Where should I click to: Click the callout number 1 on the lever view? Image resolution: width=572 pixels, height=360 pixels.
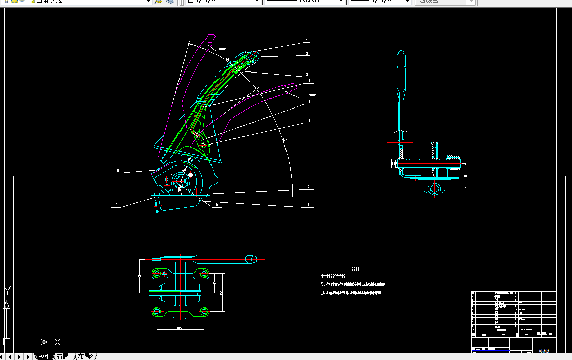pos(306,41)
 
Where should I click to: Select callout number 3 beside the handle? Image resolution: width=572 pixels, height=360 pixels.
pos(307,74)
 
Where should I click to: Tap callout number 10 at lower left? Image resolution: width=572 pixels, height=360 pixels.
pos(116,205)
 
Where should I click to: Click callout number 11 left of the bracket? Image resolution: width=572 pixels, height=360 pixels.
pos(117,171)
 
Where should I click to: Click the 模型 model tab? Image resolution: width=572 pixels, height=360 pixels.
pos(44,356)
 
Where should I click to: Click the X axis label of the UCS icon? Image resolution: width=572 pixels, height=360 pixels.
pos(57,342)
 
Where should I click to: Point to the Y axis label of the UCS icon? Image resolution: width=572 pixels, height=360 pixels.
pos(7,291)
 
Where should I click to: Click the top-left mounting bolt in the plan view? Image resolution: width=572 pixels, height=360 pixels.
pos(157,274)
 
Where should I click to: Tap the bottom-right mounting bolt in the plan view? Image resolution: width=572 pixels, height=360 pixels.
pos(204,310)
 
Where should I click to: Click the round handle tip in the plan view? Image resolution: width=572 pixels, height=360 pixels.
pos(252,259)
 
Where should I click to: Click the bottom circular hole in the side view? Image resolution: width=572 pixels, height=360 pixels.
pos(435,189)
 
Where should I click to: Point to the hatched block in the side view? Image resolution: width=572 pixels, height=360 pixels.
pos(453,156)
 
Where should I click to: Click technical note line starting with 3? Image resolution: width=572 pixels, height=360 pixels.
pos(352,293)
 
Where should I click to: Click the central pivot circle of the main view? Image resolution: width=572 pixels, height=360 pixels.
pos(181,180)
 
